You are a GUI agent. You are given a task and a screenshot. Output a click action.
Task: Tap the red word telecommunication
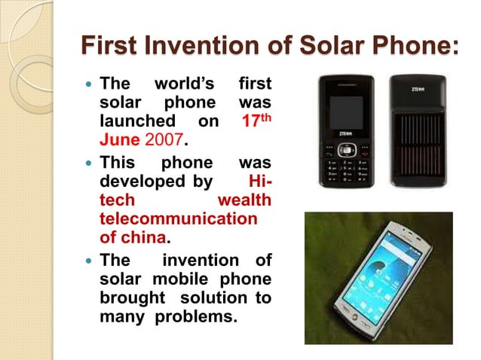[178, 219]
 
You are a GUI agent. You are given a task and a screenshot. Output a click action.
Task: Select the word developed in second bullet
[135, 180]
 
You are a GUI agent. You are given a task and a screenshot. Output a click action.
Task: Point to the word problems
[195, 317]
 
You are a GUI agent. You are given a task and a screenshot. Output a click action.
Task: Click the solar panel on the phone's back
[418, 150]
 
